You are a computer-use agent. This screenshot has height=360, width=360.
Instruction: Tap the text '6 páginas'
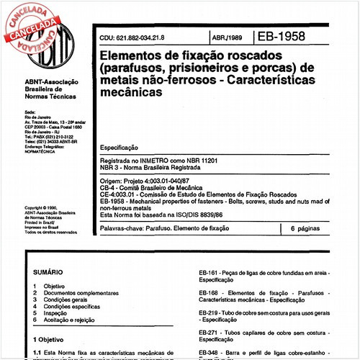307,228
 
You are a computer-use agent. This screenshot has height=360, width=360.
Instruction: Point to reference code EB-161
210,274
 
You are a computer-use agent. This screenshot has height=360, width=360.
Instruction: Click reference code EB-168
210,293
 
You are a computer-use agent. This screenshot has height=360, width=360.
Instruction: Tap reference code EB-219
210,312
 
